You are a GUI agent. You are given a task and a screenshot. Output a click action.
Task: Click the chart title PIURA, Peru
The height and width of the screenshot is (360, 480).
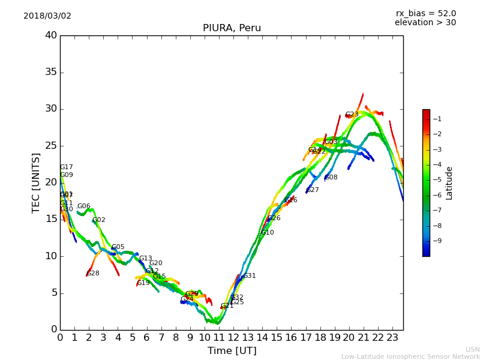[232, 28]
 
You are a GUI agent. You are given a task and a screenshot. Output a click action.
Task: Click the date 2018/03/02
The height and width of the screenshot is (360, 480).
[47, 16]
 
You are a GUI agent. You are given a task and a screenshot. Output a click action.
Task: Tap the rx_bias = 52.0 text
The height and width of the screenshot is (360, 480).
[425, 13]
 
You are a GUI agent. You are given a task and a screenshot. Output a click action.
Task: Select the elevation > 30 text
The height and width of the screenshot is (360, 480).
[425, 23]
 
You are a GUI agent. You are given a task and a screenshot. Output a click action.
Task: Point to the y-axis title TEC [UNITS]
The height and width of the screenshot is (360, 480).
[36, 182]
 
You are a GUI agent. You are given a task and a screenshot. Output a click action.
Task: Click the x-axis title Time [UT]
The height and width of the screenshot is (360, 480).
[232, 351]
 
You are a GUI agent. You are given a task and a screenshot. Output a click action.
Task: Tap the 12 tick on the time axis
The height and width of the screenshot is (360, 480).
[233, 337]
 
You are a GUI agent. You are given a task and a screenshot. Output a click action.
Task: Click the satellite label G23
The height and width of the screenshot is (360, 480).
[352, 115]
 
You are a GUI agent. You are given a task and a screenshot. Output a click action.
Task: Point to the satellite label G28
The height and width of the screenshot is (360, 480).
[93, 274]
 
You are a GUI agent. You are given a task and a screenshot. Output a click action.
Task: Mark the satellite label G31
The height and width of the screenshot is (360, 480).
[249, 276]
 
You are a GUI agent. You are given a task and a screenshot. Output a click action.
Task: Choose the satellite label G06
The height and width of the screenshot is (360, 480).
[83, 206]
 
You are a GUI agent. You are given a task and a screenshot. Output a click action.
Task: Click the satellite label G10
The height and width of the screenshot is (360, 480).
[267, 233]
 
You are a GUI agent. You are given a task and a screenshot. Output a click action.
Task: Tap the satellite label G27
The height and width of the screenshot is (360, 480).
[312, 190]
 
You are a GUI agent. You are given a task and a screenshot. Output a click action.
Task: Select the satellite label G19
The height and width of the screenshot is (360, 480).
[143, 283]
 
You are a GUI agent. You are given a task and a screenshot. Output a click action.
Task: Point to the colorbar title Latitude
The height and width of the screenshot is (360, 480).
[449, 183]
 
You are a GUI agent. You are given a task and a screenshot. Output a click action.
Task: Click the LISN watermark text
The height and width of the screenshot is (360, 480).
[473, 349]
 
